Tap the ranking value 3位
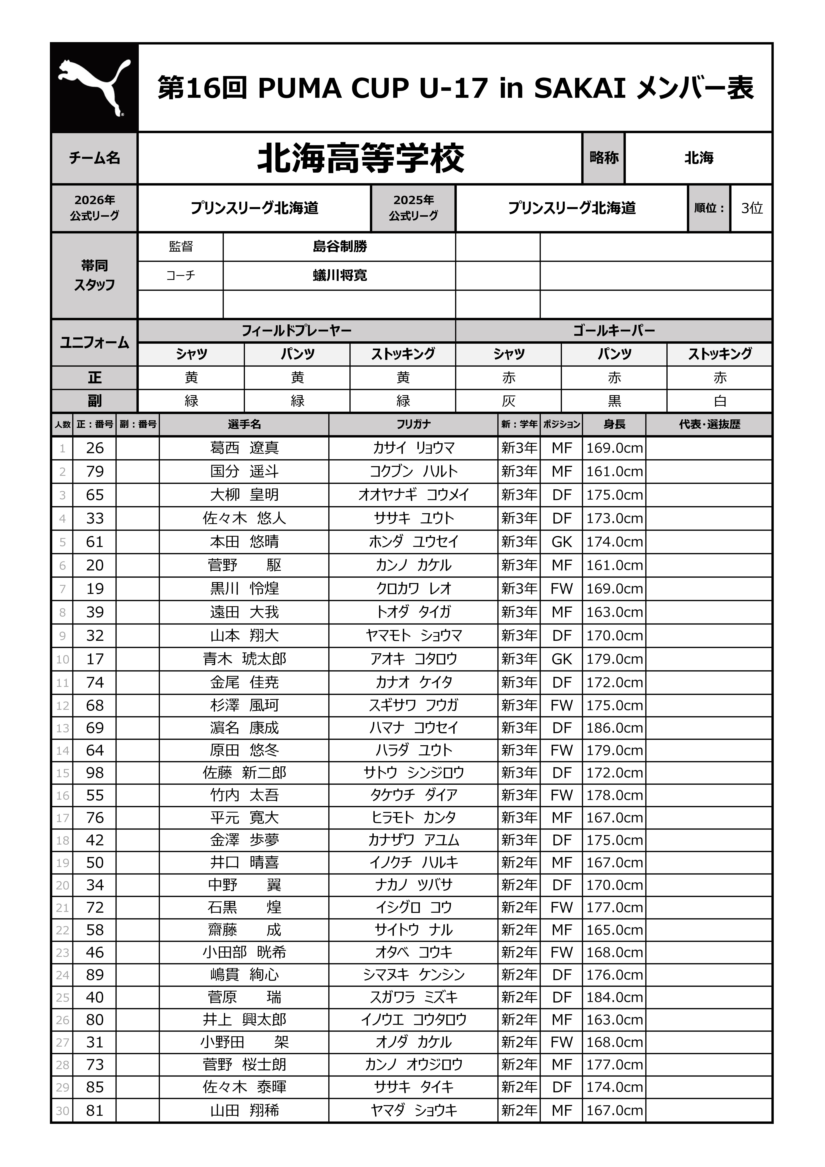(x=751, y=208)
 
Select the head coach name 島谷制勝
(x=339, y=246)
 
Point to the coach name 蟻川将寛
(x=339, y=275)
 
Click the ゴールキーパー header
(x=613, y=331)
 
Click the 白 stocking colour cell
(x=719, y=401)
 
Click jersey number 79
(x=95, y=471)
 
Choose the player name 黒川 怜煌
(x=244, y=589)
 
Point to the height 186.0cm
(x=614, y=728)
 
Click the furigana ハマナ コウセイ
(x=413, y=728)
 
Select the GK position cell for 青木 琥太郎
(x=562, y=659)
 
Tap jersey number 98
(x=95, y=773)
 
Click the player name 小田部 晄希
(x=244, y=952)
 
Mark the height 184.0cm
(x=614, y=997)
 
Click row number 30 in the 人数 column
(x=62, y=1111)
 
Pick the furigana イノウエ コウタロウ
(x=413, y=1020)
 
